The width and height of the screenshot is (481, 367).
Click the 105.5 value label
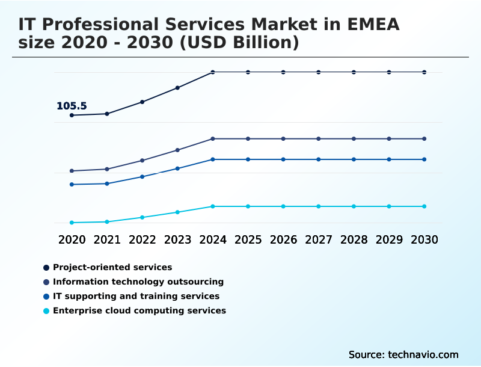coord(72,106)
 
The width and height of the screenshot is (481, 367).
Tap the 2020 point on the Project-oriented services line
coord(72,115)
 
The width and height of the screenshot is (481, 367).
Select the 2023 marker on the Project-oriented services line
coord(177,88)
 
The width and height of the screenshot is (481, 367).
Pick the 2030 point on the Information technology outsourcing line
coord(424,139)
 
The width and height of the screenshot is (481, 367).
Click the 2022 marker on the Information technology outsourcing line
coord(142,161)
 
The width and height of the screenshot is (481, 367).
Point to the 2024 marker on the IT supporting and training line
coord(213,159)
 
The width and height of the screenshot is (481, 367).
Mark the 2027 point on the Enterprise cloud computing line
coord(319,206)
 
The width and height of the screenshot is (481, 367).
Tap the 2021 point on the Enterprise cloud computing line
coord(107,222)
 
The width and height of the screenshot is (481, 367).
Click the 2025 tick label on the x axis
coord(248,239)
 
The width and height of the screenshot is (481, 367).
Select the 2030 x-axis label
coord(424,239)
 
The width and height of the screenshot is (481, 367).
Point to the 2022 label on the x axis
coord(142,239)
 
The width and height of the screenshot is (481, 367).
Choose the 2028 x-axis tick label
coord(354,239)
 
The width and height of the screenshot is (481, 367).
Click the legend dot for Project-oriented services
coord(46,267)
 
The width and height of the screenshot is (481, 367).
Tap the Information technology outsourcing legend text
coord(138,282)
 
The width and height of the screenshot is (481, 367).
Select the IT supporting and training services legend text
coord(136,296)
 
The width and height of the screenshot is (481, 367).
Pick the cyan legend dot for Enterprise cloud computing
coord(46,311)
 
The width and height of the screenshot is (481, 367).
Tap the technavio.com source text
coord(423,354)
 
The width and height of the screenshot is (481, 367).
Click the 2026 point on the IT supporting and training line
coord(283,159)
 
